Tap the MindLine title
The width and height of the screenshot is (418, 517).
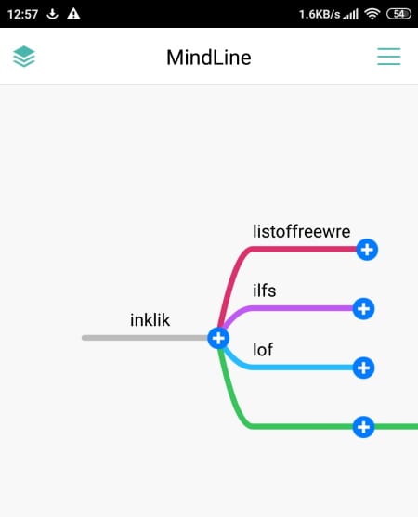[209, 58]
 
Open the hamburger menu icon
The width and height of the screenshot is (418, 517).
[389, 57]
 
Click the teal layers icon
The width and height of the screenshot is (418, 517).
[24, 56]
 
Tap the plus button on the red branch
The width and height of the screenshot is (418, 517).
[367, 250]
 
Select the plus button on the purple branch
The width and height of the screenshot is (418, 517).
[363, 309]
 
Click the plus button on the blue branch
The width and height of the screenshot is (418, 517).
[363, 368]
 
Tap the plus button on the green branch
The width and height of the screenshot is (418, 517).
[363, 427]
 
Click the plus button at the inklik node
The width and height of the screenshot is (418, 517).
[218, 338]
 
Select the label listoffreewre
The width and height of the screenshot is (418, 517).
[301, 231]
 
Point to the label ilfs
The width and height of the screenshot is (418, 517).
[264, 291]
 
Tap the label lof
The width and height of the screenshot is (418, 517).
[263, 350]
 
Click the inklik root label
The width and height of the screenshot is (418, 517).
[150, 320]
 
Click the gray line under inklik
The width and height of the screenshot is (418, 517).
[145, 338]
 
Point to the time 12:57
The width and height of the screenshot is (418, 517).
[22, 14]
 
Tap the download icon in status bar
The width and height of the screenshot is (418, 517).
[52, 14]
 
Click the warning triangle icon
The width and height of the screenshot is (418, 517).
[73, 14]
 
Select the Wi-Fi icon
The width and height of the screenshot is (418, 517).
[372, 14]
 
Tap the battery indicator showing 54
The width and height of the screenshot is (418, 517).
[398, 14]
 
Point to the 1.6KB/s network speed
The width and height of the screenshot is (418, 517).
[320, 14]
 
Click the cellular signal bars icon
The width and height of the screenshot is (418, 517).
[350, 15]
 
